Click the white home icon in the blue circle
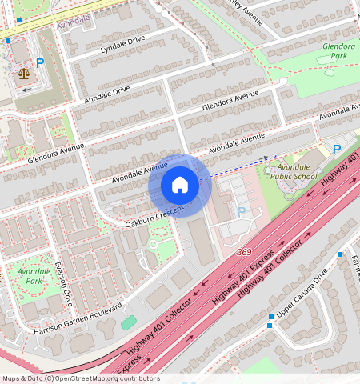click(x=180, y=186)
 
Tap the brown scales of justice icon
click(x=23, y=73)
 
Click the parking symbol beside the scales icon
click(x=39, y=62)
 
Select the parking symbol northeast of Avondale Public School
click(x=337, y=149)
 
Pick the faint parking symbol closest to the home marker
click(x=242, y=211)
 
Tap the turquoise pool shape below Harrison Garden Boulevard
click(x=128, y=322)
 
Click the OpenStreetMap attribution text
click(x=81, y=378)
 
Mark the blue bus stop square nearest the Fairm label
click(x=340, y=254)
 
